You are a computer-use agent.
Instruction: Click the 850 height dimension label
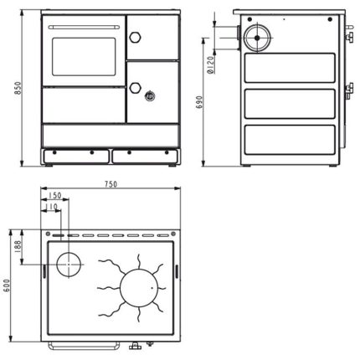point(18,88)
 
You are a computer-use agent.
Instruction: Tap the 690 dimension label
point(198,102)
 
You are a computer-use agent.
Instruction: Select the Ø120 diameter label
point(211,64)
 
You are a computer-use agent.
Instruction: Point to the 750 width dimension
point(111,184)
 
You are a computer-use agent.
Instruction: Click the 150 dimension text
point(54,195)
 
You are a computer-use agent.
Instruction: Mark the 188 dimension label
point(18,247)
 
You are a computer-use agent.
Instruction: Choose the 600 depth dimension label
point(7,285)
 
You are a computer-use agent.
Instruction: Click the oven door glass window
point(84,57)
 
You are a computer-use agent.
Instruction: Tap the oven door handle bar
point(84,27)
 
